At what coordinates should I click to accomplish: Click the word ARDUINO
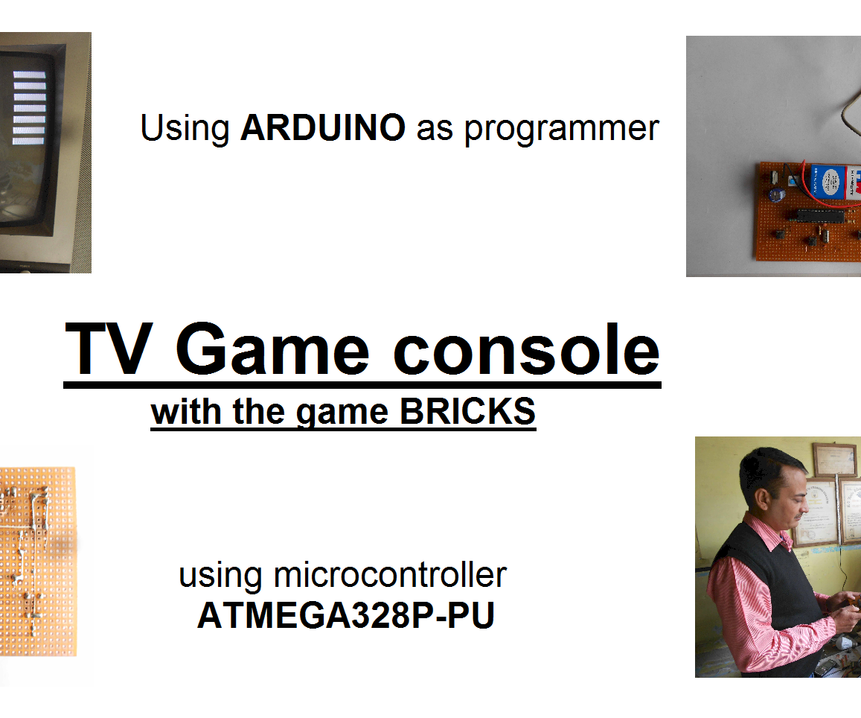pos(322,128)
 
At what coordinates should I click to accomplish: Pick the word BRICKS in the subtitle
pos(467,412)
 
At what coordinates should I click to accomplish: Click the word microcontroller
pos(390,574)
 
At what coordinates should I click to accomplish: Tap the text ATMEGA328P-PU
pos(345,616)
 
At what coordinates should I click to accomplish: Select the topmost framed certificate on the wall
pos(834,460)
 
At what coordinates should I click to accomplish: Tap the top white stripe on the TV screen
pos(30,74)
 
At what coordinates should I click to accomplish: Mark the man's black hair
pos(766,469)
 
